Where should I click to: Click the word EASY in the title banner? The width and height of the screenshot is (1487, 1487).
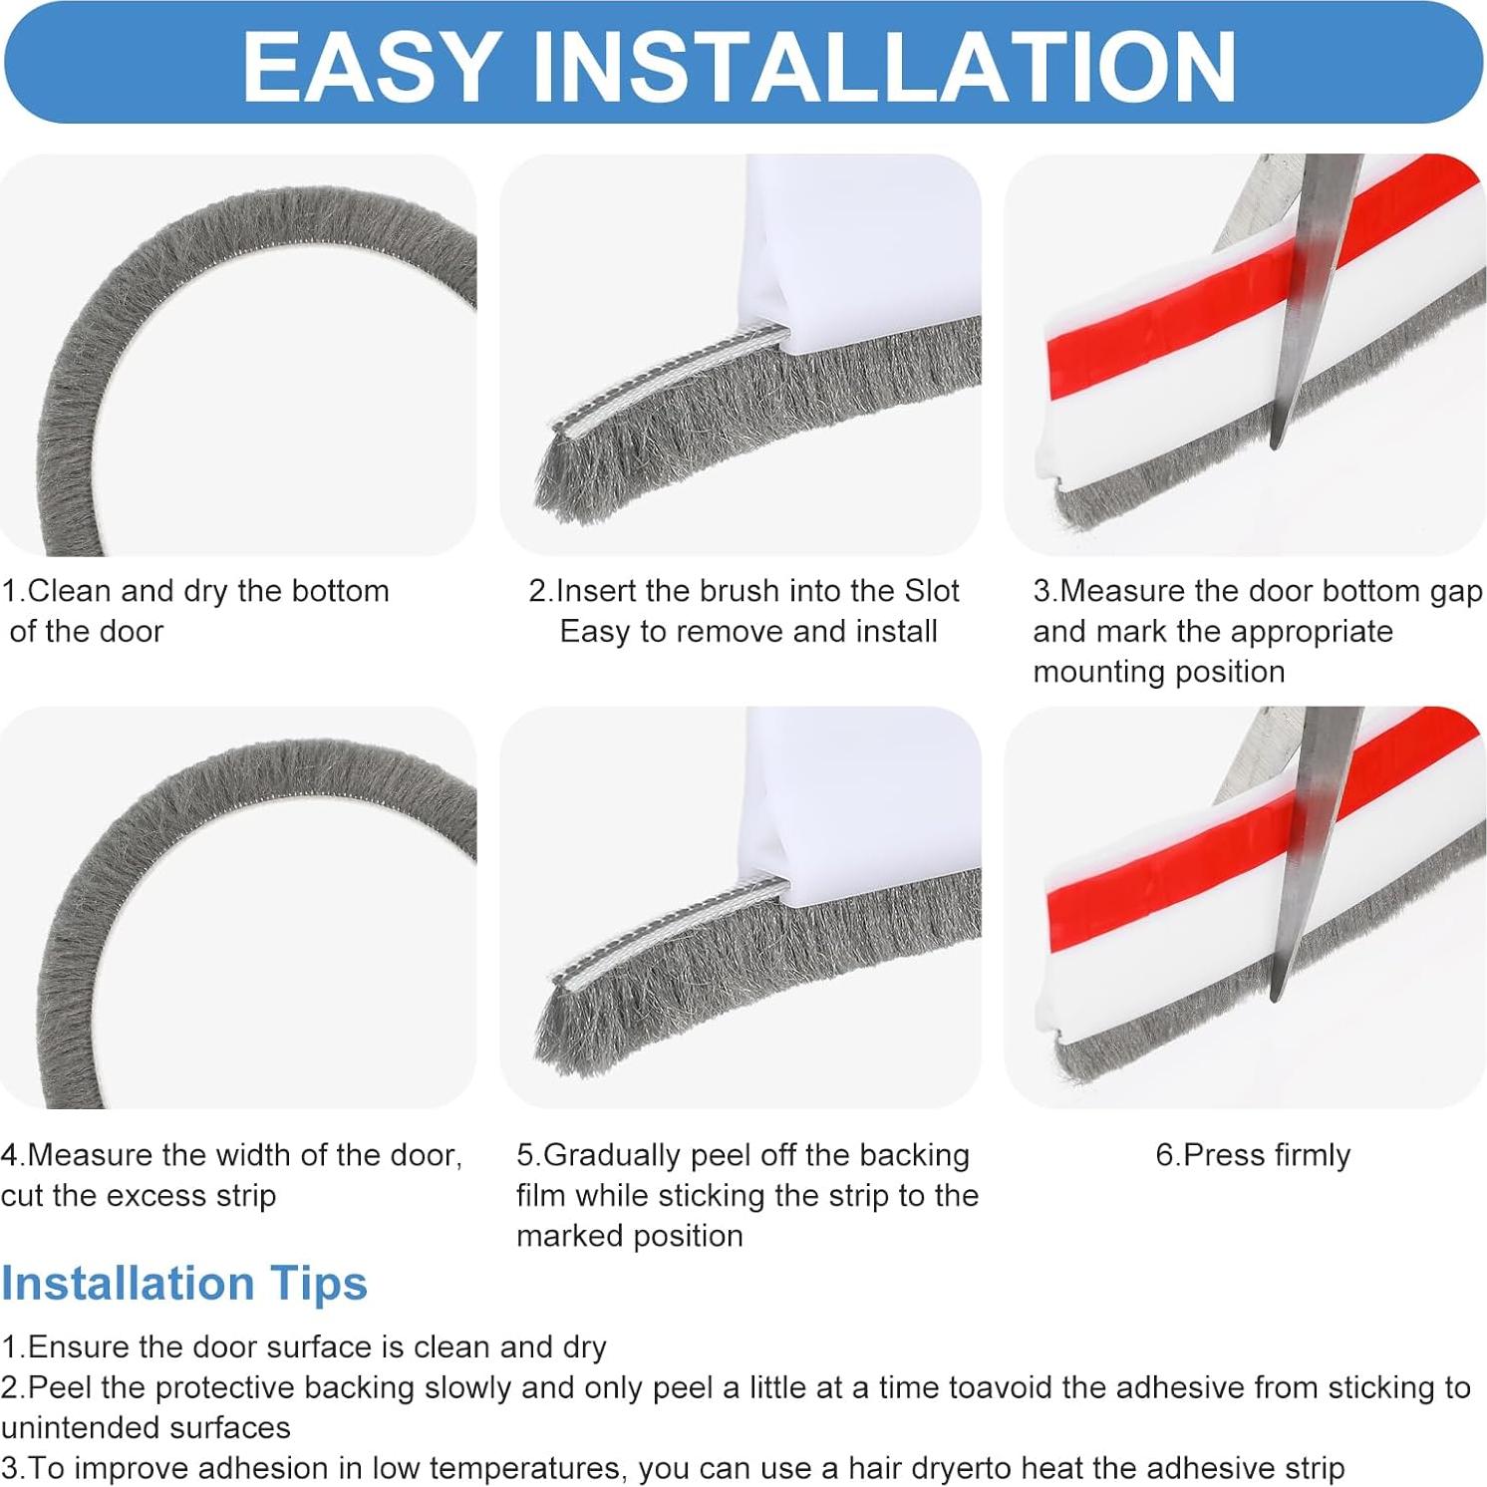(x=372, y=66)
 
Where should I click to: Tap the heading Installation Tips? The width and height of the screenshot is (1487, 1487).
(x=184, y=1284)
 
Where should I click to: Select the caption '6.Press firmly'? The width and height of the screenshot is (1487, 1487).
(x=1253, y=1155)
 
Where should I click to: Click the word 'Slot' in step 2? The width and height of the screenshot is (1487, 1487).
(x=932, y=591)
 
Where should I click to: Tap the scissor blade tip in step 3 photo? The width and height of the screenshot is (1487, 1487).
(x=1275, y=446)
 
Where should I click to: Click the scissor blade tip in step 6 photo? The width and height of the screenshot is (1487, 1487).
(x=1275, y=997)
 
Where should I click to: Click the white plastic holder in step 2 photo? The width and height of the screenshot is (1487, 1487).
(x=862, y=249)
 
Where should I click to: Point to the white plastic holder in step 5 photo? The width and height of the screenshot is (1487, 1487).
(x=862, y=802)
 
